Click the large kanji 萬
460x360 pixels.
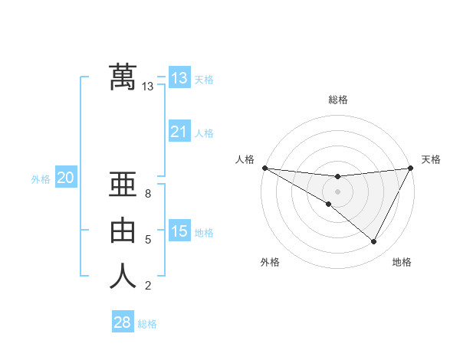[123, 77]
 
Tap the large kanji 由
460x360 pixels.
[123, 230]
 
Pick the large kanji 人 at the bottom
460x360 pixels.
[123, 276]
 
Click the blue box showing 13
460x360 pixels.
[179, 78]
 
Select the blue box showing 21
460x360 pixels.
[179, 132]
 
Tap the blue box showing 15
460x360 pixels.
[179, 231]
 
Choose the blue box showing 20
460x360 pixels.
[65, 178]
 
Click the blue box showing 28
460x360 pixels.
[122, 322]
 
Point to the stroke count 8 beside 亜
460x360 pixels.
[148, 194]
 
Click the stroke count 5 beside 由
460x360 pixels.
[148, 240]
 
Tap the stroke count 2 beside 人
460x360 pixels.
[148, 286]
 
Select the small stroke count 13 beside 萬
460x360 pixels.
[148, 87]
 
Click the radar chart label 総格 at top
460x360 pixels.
[338, 100]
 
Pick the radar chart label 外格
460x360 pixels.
[270, 262]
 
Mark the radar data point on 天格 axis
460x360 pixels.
[411, 168]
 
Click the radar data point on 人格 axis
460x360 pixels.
[264, 168]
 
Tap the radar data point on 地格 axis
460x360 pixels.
[374, 242]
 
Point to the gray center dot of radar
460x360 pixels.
[337, 191]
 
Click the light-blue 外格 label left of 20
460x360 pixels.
[41, 179]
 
